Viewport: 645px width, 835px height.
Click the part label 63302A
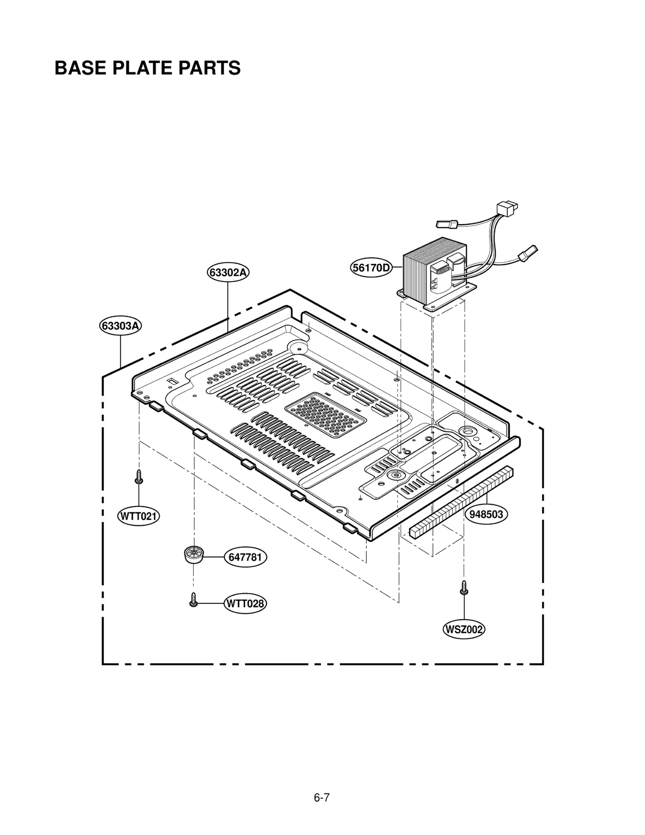228,273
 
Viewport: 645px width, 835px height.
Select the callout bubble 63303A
121,325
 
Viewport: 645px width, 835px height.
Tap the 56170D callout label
371,267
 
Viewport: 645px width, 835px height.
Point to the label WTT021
138,516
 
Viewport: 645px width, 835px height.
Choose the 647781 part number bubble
245,557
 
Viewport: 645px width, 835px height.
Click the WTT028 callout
245,603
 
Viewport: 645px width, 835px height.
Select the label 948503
486,514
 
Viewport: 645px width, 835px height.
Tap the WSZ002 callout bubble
464,629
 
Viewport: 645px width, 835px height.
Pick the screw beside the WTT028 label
193,600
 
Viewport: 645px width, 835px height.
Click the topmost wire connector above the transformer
507,209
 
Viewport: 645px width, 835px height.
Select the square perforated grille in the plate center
325,414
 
